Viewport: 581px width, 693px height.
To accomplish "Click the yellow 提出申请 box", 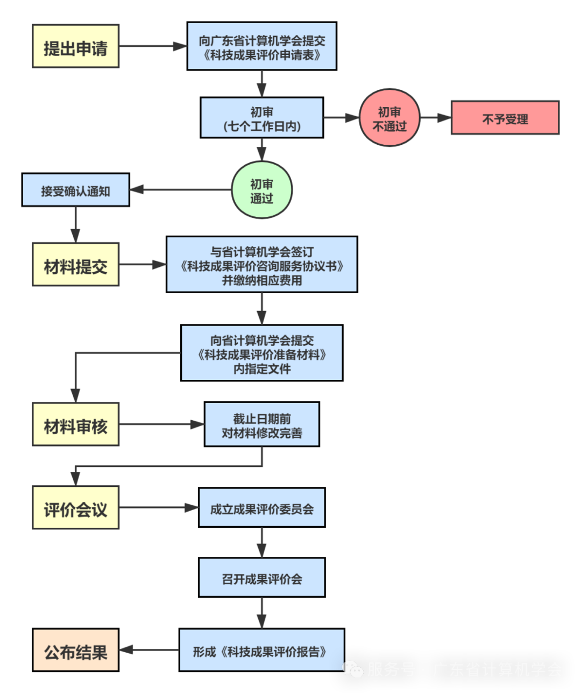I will (75, 46).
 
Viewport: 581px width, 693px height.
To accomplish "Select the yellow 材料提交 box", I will (75, 265).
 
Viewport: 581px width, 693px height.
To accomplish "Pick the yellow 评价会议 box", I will (75, 508).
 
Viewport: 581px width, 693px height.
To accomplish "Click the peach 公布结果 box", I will (75, 650).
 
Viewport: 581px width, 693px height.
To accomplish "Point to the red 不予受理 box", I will (505, 118).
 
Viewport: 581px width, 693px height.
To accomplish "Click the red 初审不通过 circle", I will (389, 118).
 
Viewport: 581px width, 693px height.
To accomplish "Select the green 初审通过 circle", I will (261, 190).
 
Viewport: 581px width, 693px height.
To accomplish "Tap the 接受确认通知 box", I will (75, 190).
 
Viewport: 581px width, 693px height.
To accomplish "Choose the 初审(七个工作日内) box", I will (261, 118).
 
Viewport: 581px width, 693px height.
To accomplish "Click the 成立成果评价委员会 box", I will (261, 508).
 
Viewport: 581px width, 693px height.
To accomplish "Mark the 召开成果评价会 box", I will (261, 577).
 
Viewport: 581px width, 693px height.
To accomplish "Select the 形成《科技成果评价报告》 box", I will (261, 650).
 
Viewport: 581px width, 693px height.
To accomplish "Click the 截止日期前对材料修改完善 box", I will (261, 425).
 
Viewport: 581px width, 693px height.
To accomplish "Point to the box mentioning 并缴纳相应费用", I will (261, 265).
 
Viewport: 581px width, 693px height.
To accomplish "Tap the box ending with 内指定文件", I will (261, 353).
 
